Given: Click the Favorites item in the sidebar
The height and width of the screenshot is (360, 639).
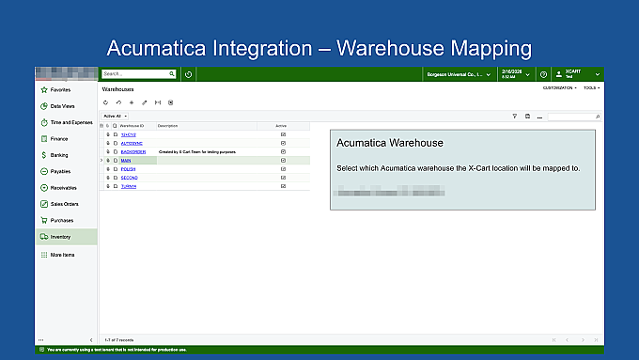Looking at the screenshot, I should (60, 90).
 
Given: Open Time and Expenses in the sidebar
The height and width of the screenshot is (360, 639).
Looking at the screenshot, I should (70, 122).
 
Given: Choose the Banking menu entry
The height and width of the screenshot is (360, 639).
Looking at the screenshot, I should (58, 155).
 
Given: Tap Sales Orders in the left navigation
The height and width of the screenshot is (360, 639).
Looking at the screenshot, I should (64, 203).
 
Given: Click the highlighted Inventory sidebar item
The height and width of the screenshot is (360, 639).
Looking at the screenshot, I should (60, 237).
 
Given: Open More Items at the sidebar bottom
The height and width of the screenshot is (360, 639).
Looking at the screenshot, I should (62, 255).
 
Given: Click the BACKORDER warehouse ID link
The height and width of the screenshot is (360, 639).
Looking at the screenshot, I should (132, 151).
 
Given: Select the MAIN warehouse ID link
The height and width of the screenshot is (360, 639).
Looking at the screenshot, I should (126, 161).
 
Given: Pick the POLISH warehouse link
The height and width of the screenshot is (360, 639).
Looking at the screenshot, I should (129, 169).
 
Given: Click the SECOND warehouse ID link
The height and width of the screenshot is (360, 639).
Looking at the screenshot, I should (130, 178).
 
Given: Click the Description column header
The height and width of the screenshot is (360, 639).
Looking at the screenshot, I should (167, 125).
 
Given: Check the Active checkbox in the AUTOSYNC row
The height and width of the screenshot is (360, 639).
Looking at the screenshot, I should (283, 143).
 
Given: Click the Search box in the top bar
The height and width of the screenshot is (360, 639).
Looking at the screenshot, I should (135, 73).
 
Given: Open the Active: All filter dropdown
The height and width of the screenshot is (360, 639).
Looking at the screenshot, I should (115, 116).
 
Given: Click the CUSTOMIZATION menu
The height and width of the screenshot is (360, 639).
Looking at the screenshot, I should (559, 87).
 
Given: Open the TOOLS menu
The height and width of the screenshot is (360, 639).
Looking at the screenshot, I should (591, 87).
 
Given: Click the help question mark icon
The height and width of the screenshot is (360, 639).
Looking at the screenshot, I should (543, 73).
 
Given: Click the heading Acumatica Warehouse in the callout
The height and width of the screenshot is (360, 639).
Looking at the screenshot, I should (389, 143).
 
